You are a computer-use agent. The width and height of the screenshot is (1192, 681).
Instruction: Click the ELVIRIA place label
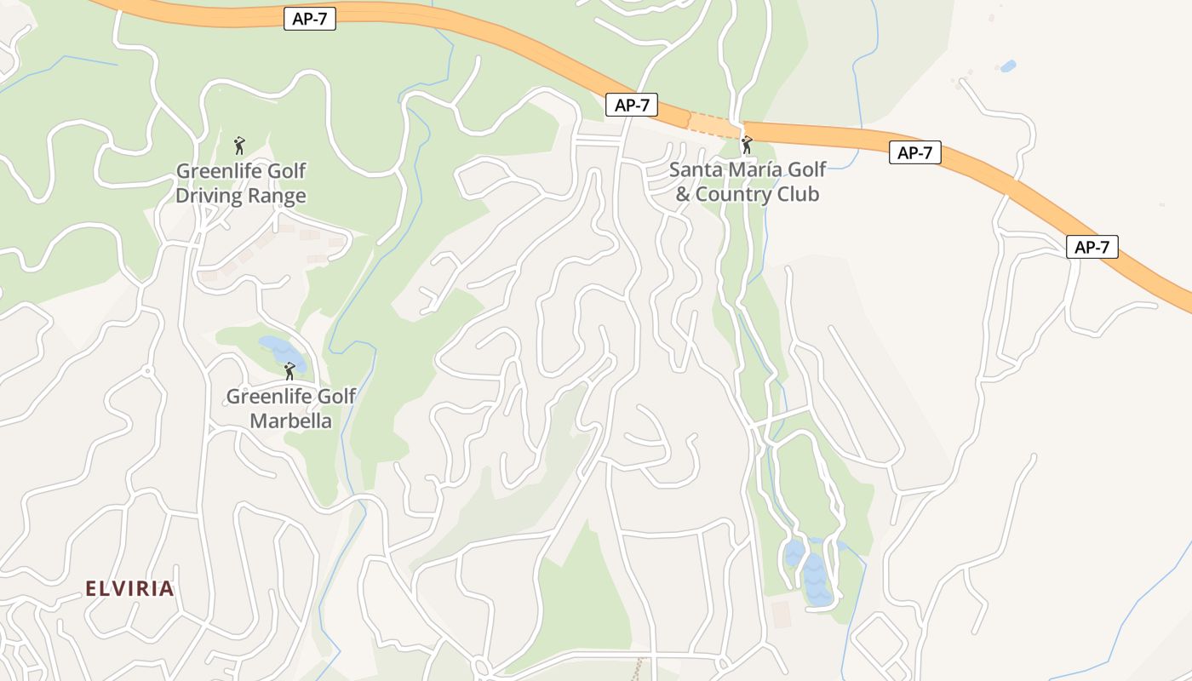[129, 588]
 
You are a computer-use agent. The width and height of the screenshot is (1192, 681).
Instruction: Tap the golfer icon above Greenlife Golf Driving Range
[239, 145]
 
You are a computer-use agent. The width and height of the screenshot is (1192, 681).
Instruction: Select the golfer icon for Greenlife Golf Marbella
[289, 370]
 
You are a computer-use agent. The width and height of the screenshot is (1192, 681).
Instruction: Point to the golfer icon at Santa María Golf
[747, 145]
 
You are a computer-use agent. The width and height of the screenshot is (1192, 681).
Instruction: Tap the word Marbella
[290, 421]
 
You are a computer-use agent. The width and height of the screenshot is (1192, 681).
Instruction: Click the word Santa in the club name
[695, 169]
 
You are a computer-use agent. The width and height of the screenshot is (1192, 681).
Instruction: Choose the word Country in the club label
[731, 194]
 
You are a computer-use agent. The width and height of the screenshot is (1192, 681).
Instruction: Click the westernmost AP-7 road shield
[310, 20]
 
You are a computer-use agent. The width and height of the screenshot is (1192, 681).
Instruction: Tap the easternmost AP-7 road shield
[1092, 247]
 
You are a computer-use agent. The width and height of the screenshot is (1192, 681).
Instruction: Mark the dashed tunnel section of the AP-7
[713, 125]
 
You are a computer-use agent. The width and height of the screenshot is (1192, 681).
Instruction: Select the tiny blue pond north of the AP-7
[1008, 66]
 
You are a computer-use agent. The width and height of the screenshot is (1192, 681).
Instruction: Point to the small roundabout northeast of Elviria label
[147, 371]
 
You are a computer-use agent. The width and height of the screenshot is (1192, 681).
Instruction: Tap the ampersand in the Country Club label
[683, 195]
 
